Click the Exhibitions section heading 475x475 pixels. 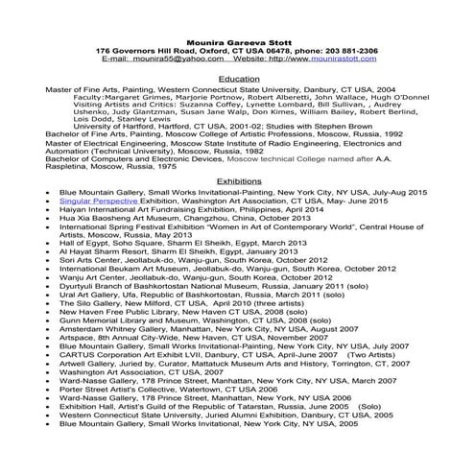pyautogui.click(x=238, y=180)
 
